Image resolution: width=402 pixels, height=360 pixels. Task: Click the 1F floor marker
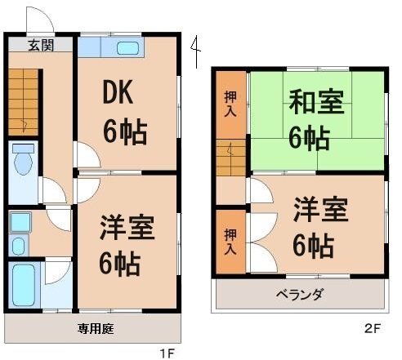pos(167,353)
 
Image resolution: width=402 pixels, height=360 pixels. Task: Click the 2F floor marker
pos(373,330)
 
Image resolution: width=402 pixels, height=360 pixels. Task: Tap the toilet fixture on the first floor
pos(24,162)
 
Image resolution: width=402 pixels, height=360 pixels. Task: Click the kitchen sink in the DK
pos(127,47)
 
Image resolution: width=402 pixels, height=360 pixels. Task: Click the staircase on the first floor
pos(24,102)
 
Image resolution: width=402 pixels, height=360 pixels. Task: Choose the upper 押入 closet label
pos(231,104)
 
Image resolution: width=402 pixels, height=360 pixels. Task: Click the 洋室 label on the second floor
pos(319,208)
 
